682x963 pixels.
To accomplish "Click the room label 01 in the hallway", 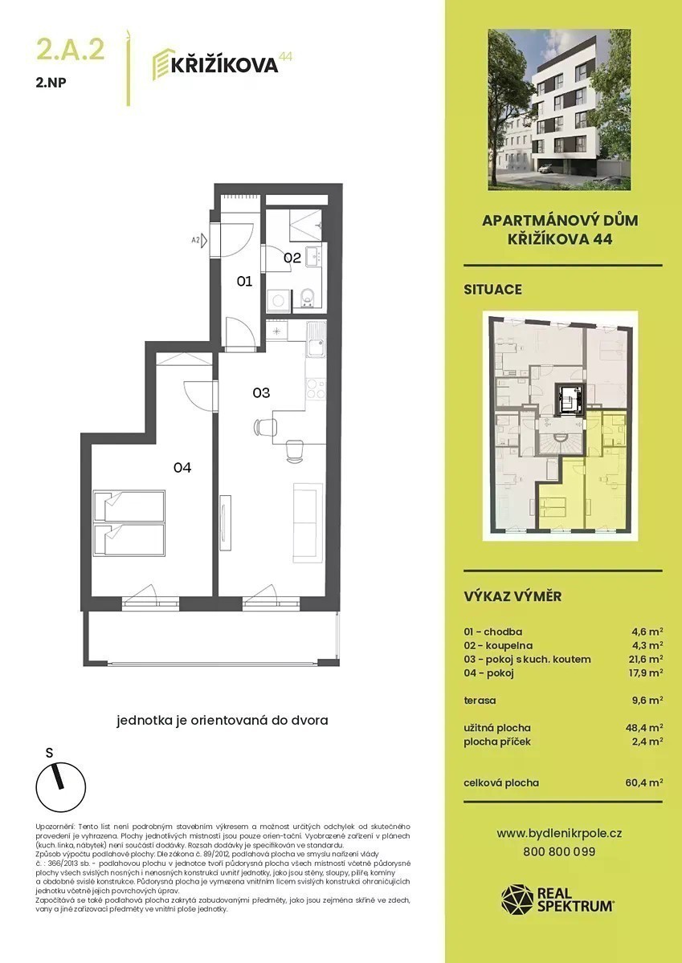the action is [x=244, y=281].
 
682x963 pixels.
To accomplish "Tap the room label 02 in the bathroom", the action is [x=292, y=258].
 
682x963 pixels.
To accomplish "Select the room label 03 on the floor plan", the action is [x=261, y=392].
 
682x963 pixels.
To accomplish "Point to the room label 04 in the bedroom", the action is [x=182, y=467].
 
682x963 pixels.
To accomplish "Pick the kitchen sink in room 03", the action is [x=316, y=339].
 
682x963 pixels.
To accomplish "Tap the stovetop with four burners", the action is [x=316, y=388].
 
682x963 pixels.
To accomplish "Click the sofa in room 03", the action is [x=308, y=522].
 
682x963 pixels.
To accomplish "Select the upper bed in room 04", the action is [x=129, y=506].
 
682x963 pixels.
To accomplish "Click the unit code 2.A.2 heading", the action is [x=71, y=50].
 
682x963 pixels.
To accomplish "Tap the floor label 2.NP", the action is [x=51, y=83].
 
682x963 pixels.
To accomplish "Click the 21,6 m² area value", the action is [x=645, y=659].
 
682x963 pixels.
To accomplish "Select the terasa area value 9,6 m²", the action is [x=647, y=701].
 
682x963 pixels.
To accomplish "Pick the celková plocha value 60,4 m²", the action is [x=644, y=782].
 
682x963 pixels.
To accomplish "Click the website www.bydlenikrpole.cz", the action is [x=559, y=834].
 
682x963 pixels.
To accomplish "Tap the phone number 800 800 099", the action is [x=559, y=851].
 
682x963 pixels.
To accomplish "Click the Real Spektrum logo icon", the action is [x=517, y=900].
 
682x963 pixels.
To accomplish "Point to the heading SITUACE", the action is [x=492, y=290].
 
